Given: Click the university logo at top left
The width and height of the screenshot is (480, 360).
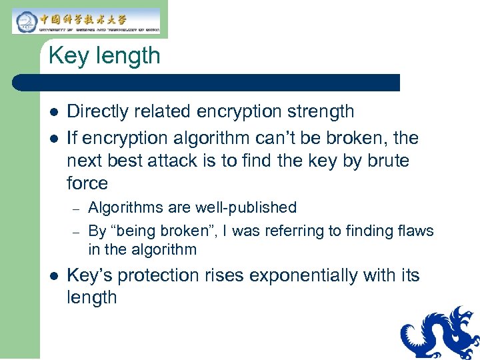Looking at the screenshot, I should click(87, 21).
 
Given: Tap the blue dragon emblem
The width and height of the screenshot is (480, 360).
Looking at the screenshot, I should click(440, 333).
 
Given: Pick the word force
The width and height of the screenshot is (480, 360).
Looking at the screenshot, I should click(87, 183).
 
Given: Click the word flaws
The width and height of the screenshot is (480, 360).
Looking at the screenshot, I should click(416, 231).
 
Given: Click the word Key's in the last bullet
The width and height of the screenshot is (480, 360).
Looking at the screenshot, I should click(87, 275).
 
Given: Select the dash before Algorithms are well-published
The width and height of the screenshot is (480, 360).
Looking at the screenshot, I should click(77, 209).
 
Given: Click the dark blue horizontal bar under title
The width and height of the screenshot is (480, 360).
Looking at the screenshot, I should click(207, 83).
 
